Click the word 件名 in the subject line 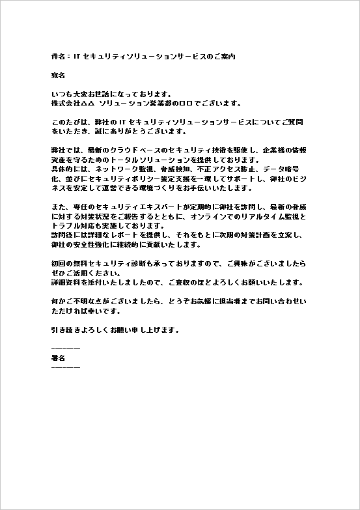tap(58, 57)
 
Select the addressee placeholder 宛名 tap(58, 76)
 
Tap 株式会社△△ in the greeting tap(74, 104)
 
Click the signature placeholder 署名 tap(58, 358)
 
